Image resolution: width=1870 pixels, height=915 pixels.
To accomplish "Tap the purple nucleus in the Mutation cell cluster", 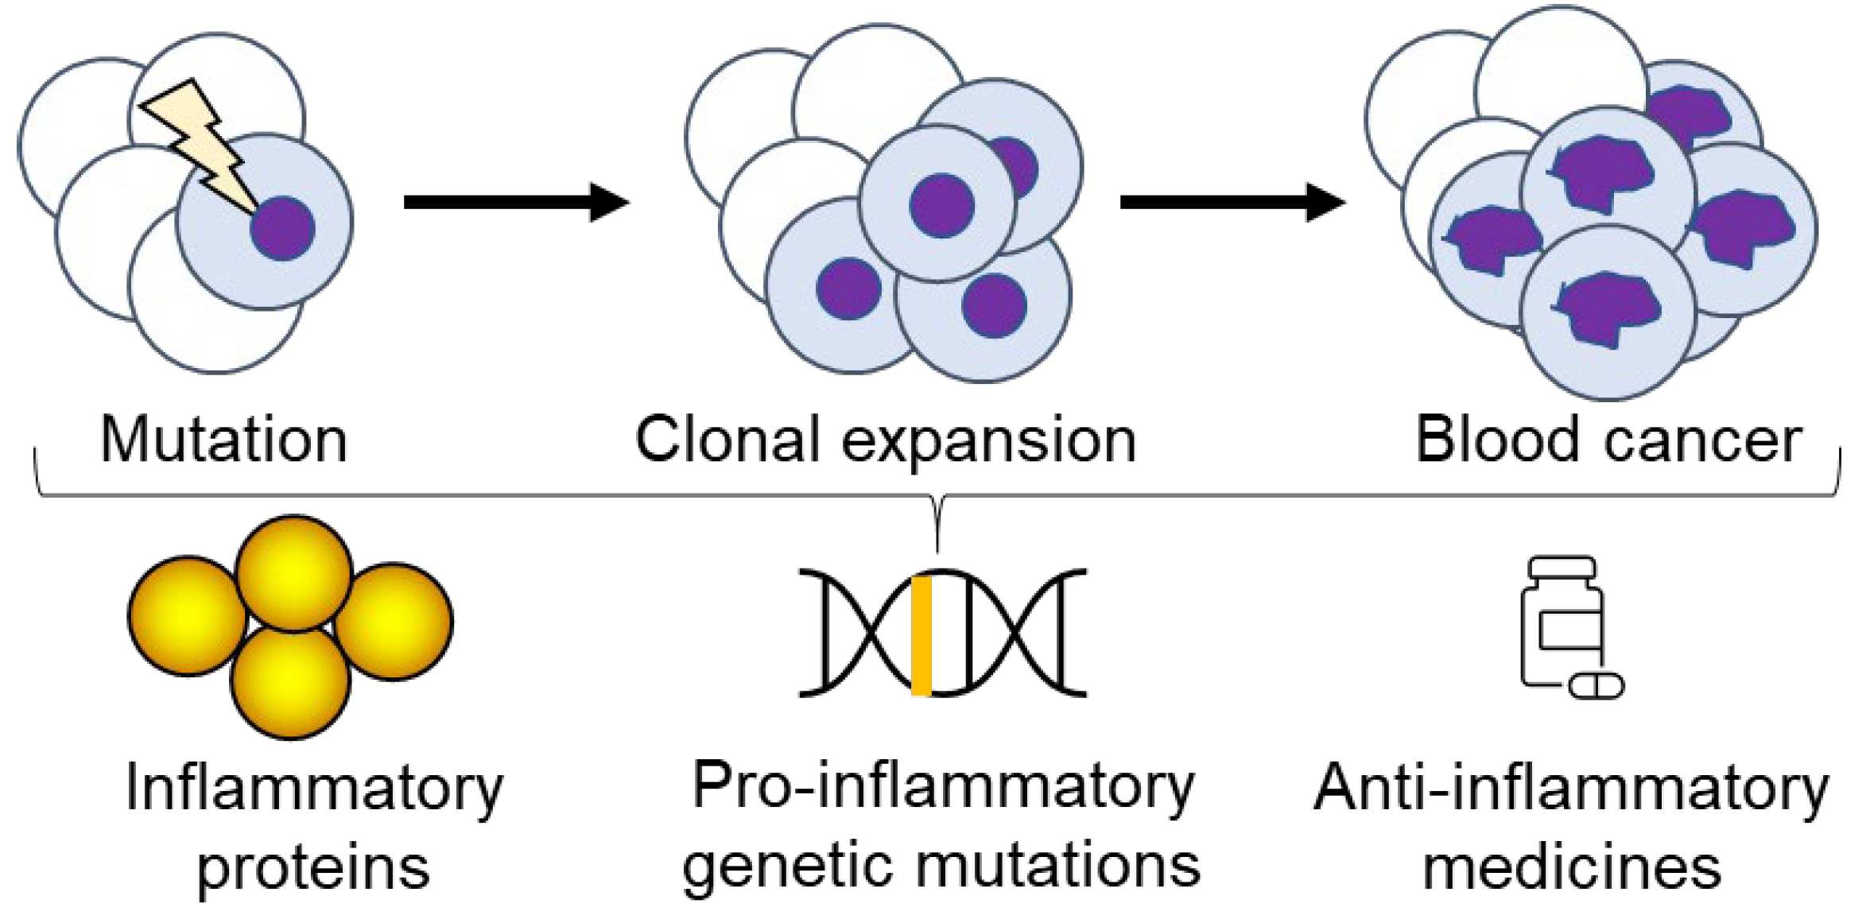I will [x=282, y=228].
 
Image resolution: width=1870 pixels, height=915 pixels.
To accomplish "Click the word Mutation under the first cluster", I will [x=224, y=440].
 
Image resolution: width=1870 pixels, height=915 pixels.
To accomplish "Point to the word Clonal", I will [x=727, y=440].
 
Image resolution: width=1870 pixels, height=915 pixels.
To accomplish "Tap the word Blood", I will [x=1496, y=439].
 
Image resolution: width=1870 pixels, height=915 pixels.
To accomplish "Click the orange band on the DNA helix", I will [x=921, y=635].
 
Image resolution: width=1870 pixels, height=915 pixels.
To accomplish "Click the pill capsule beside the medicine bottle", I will [x=1596, y=685].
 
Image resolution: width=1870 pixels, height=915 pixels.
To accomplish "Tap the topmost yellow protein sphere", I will [x=294, y=573].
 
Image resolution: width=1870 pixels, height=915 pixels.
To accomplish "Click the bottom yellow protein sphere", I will [x=290, y=681].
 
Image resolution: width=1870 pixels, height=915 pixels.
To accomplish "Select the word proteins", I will [x=313, y=868].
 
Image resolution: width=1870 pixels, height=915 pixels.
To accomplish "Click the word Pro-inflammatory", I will [x=943, y=787].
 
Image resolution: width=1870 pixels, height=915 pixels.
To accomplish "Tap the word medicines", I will [x=1572, y=868].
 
